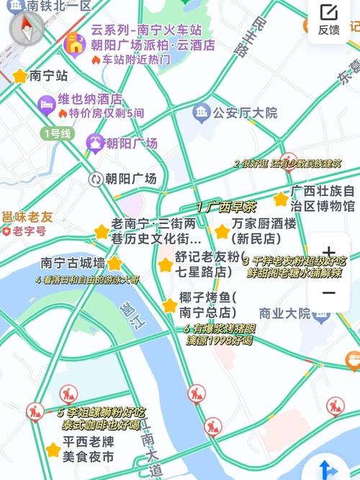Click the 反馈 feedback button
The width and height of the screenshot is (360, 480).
tap(328, 19)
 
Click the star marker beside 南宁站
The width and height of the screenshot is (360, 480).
tap(19, 75)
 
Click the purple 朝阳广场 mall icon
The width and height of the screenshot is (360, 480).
tap(94, 143)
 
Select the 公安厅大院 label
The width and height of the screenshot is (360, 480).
tap(245, 112)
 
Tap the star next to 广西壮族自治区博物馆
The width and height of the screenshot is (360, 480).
tap(280, 200)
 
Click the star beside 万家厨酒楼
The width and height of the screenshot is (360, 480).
tap(221, 231)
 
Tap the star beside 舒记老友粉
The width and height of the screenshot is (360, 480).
tap(165, 265)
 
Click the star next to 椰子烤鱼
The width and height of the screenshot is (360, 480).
tap(170, 305)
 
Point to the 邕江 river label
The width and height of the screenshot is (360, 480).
tap(128, 315)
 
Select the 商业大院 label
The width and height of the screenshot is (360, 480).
tap(284, 313)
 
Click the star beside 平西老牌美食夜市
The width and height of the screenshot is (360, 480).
tap(52, 450)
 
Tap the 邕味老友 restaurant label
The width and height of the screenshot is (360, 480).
tap(27, 216)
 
